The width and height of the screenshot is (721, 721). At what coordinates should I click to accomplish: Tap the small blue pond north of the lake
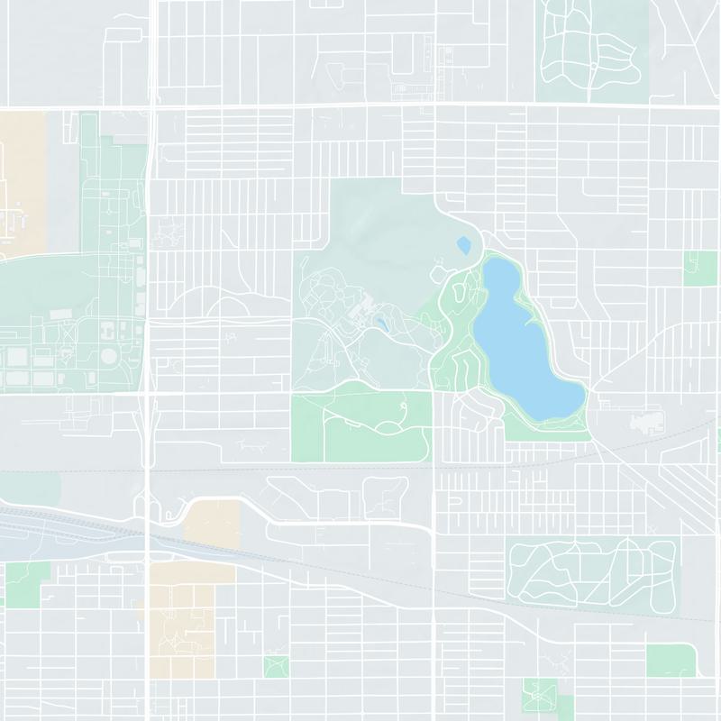pyautogui.click(x=464, y=245)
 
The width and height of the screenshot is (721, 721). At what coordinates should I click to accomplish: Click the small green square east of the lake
pyautogui.click(x=700, y=269)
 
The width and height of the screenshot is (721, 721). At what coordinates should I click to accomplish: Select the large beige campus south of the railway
pyautogui.click(x=180, y=622)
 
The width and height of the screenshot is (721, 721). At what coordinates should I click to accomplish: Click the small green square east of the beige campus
pyautogui.click(x=276, y=667)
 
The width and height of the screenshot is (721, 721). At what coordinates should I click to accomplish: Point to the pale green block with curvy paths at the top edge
pyautogui.click(x=590, y=50)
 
